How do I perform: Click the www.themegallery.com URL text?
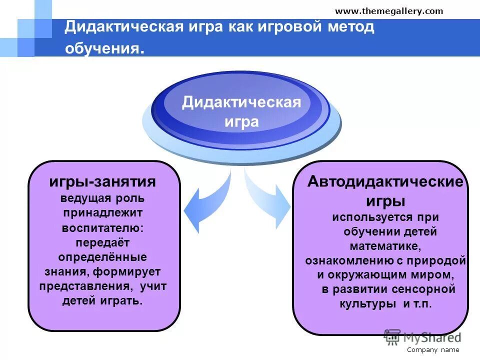point(388,11)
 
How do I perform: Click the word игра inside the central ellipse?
point(241,121)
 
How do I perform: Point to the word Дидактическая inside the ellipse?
point(241,102)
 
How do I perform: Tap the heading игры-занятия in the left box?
point(102,181)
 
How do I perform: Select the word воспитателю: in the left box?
point(102,228)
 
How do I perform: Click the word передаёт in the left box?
point(102,243)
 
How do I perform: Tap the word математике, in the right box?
point(385,246)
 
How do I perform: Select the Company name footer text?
point(432,350)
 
